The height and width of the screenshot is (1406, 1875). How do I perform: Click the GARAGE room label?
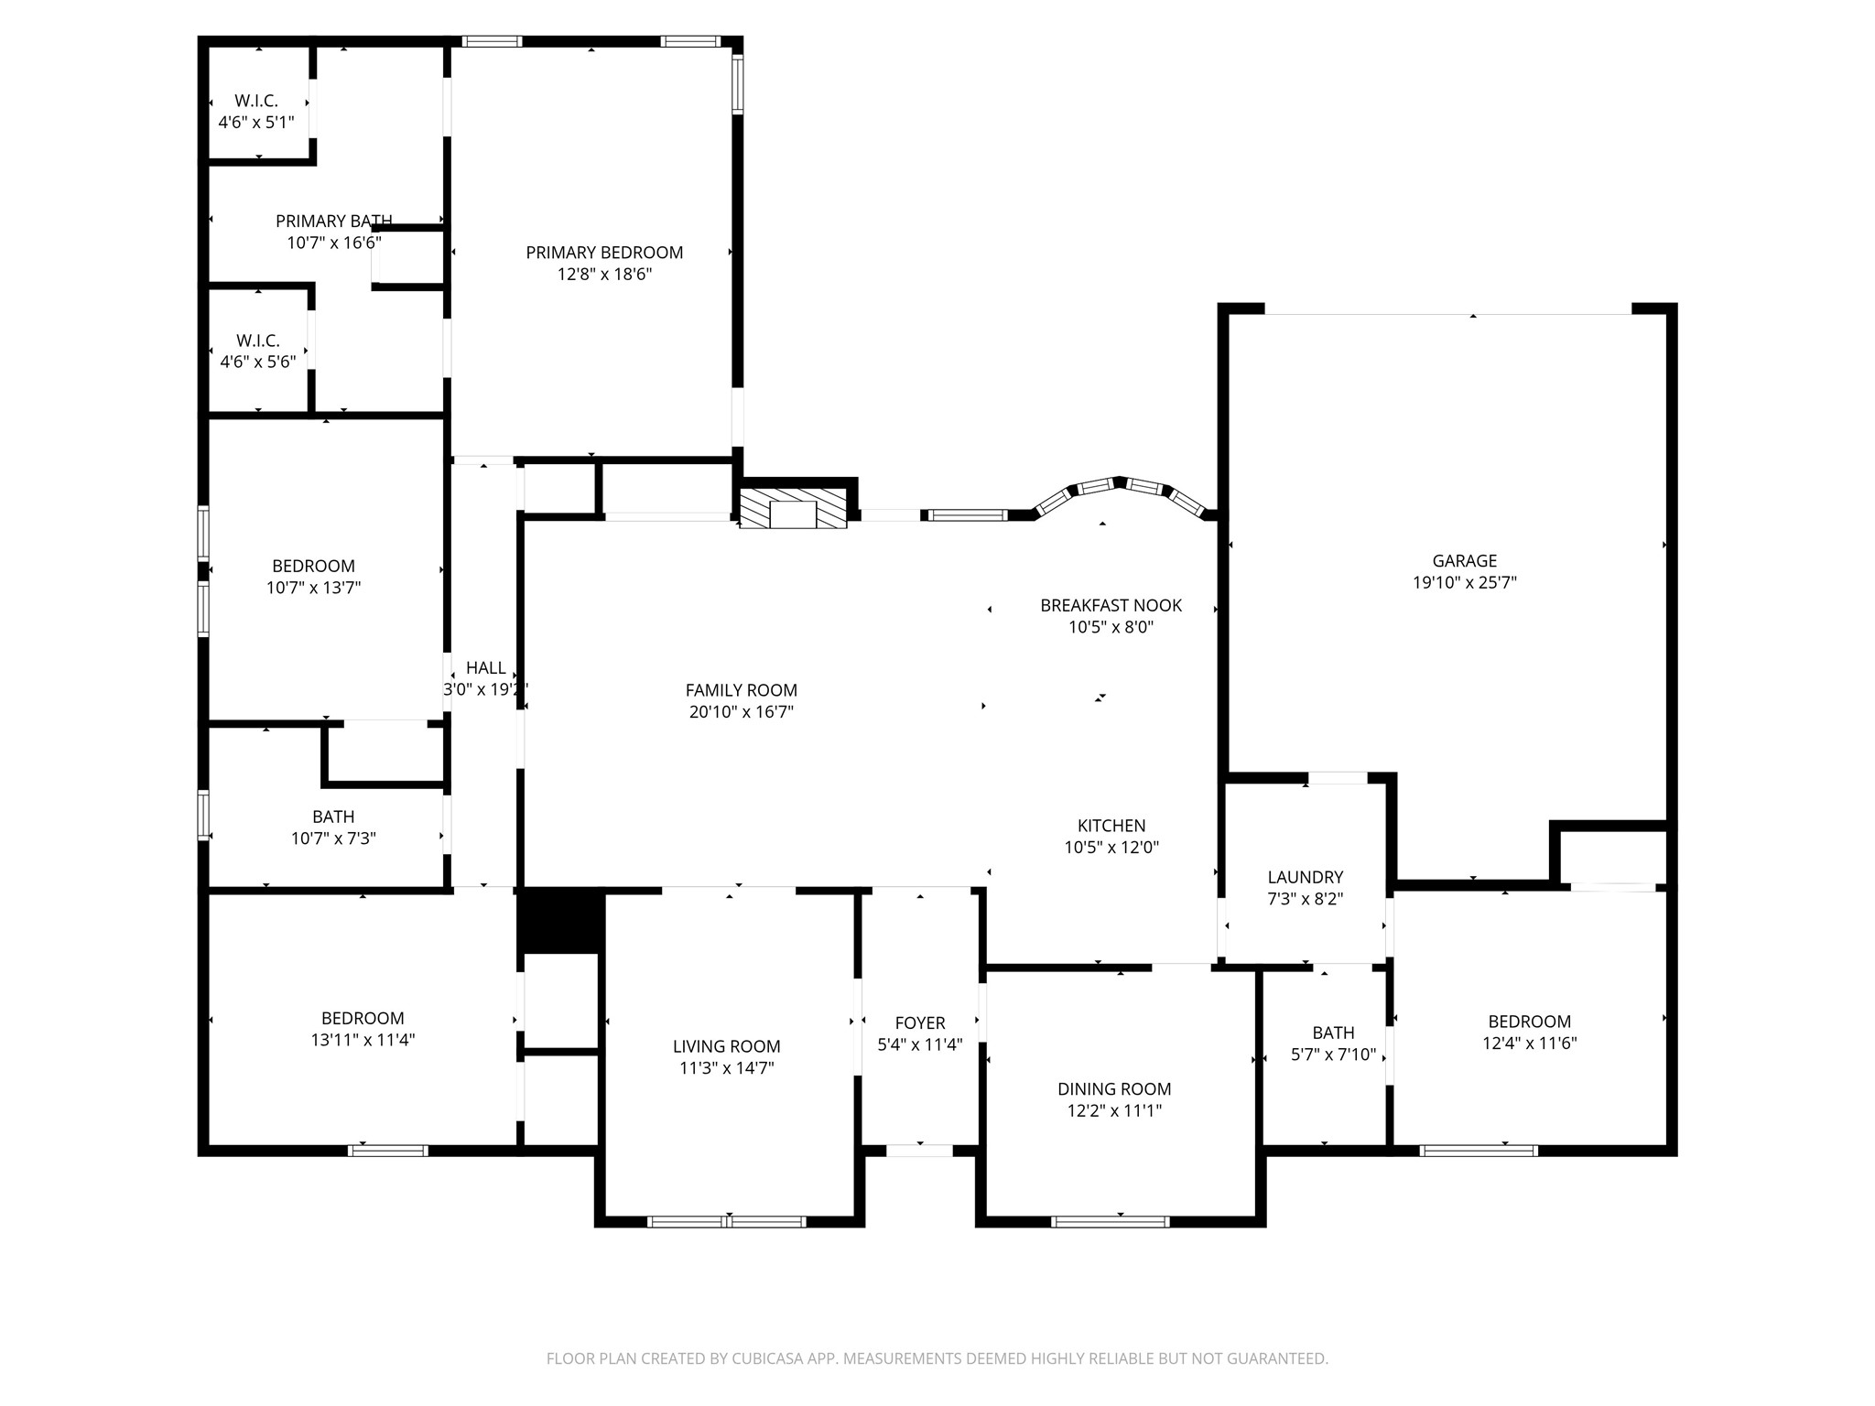click(x=1465, y=561)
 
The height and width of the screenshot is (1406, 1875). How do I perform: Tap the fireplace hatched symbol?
click(x=793, y=509)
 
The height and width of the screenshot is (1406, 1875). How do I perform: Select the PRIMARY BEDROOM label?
click(x=604, y=253)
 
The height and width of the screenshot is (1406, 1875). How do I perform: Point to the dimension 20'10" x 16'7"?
click(x=742, y=712)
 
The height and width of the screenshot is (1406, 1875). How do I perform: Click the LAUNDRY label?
click(x=1306, y=877)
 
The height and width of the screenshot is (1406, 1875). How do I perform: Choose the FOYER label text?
click(x=920, y=1022)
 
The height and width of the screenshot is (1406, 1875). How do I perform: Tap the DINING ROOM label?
click(x=1114, y=1089)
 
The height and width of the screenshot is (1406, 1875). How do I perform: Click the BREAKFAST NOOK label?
click(x=1111, y=605)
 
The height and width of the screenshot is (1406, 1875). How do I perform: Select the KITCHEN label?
click(x=1111, y=826)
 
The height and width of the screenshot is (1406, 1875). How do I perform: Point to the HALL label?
click(x=486, y=668)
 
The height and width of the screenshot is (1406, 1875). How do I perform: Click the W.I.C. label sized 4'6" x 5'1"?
click(x=256, y=101)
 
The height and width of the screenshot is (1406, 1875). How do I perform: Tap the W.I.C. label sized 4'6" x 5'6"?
click(x=258, y=341)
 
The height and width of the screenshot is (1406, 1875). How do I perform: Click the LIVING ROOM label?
click(x=727, y=1046)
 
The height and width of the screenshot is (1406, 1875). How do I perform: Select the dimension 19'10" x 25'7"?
click(x=1465, y=583)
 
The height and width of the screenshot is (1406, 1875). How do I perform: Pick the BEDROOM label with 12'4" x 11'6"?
click(x=1530, y=1022)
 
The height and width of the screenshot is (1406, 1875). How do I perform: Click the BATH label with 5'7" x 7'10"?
click(x=1333, y=1033)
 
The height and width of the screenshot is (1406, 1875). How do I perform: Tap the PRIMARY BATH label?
click(x=334, y=221)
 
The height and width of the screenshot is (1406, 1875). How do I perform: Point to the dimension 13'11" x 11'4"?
click(x=363, y=1040)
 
